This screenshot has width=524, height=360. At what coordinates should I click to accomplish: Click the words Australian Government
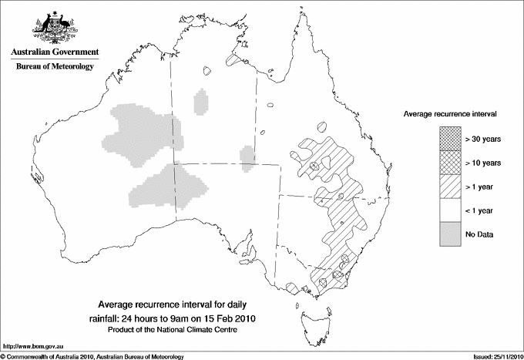(54, 52)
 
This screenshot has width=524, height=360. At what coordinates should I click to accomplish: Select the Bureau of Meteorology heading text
(54, 67)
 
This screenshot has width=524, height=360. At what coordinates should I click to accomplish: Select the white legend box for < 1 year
(449, 210)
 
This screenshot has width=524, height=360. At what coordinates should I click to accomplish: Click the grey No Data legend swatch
(449, 234)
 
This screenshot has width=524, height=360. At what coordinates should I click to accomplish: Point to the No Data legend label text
(479, 234)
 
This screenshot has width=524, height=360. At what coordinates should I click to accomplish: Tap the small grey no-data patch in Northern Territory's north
(201, 101)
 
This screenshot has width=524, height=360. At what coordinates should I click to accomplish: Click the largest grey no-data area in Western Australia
(143, 135)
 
